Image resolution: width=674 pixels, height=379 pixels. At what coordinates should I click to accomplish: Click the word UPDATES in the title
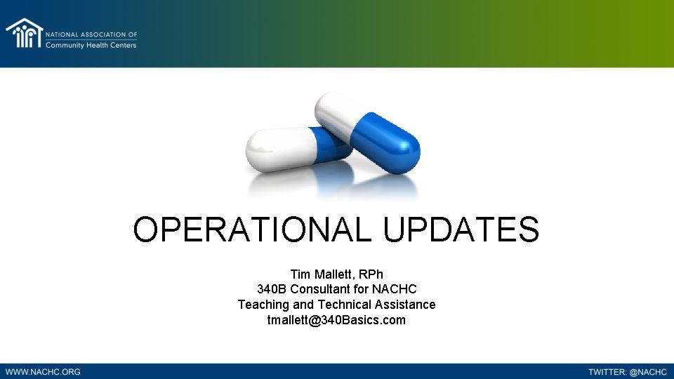click(x=461, y=230)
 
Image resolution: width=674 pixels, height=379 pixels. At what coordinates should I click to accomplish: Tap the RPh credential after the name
click(x=369, y=274)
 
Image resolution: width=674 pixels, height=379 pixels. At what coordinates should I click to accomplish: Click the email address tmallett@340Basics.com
click(x=336, y=320)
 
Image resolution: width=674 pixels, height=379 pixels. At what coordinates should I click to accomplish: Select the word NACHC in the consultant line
click(x=395, y=289)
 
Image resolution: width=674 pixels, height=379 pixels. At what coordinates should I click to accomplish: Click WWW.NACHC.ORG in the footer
click(x=43, y=371)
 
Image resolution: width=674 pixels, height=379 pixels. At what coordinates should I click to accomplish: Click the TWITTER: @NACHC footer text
click(x=628, y=371)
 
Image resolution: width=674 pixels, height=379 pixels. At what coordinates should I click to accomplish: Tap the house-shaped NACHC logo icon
click(x=24, y=34)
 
